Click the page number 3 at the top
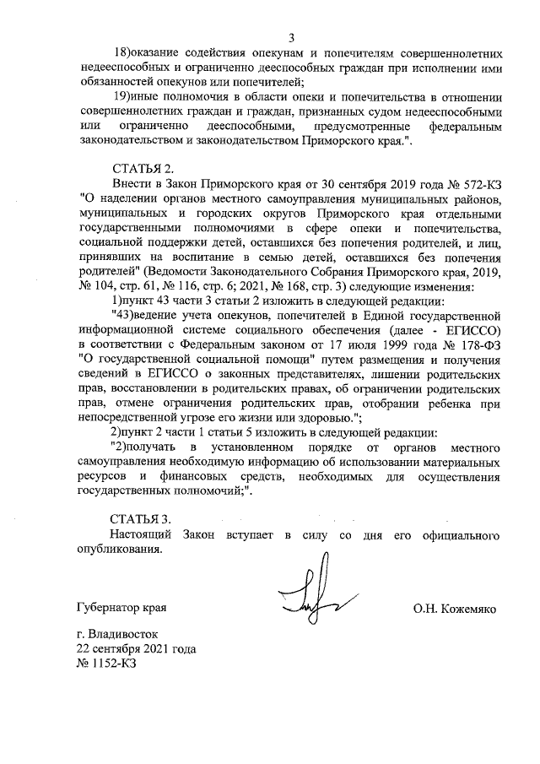[x=291, y=37]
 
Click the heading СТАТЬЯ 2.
[x=142, y=169]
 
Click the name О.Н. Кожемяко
[x=454, y=608]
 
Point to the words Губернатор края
[x=121, y=608]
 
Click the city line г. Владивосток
[x=116, y=635]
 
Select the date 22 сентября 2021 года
[x=136, y=649]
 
